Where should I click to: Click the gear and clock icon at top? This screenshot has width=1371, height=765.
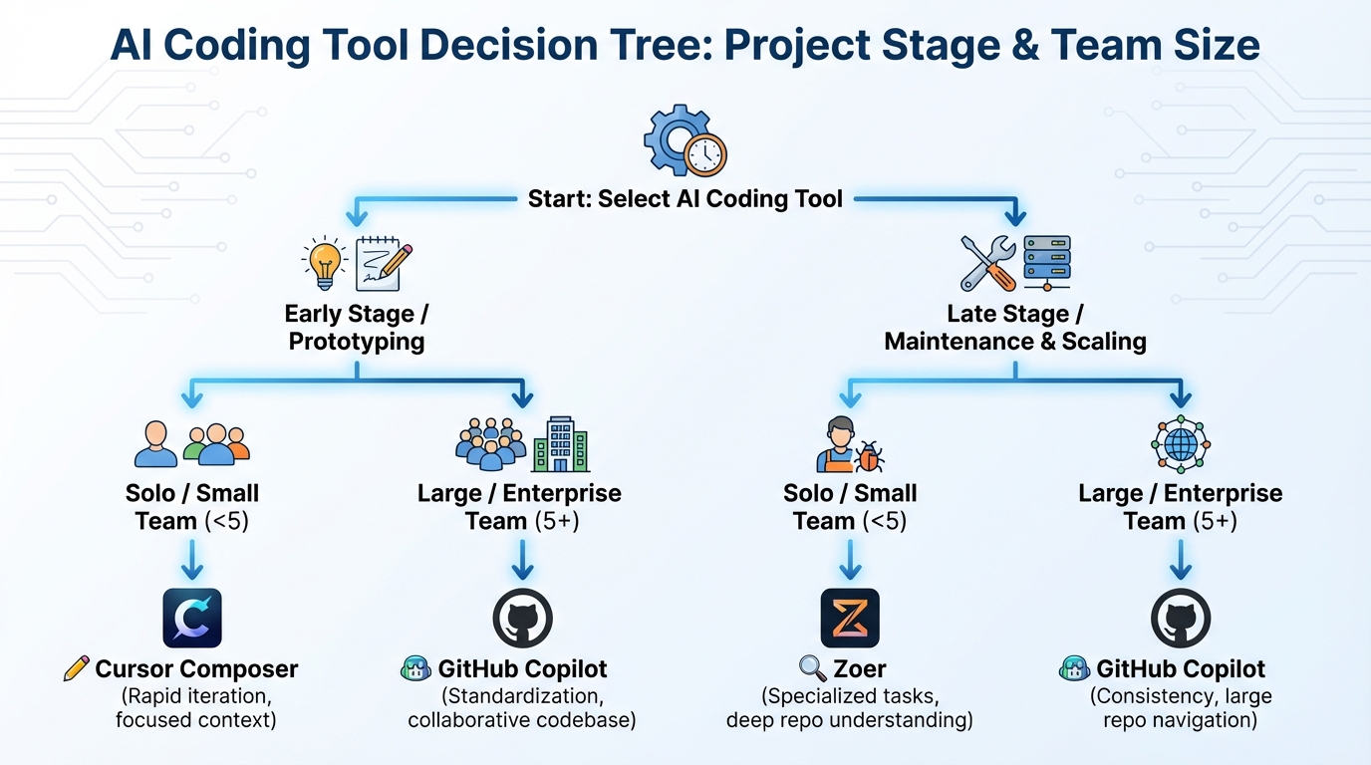pyautogui.click(x=685, y=141)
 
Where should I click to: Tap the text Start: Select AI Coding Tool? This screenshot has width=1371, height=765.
pyautogui.click(x=685, y=198)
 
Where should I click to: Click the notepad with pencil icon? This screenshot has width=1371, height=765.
pyautogui.click(x=384, y=263)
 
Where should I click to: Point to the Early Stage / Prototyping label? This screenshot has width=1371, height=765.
pyautogui.click(x=357, y=328)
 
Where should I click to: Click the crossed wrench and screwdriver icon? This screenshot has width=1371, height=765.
pyautogui.click(x=987, y=264)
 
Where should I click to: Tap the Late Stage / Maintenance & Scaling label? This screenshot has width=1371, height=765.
pyautogui.click(x=1015, y=328)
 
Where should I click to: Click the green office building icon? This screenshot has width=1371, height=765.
pyautogui.click(x=560, y=444)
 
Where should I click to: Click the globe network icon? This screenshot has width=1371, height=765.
pyautogui.click(x=1180, y=444)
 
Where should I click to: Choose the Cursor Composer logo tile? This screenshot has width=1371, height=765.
pyautogui.click(x=192, y=618)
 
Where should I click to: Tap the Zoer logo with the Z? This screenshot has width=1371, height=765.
pyautogui.click(x=850, y=618)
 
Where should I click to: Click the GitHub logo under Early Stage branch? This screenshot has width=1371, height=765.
pyautogui.click(x=522, y=618)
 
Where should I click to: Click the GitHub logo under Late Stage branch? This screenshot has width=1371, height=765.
pyautogui.click(x=1181, y=618)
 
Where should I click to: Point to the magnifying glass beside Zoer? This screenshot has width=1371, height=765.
pyautogui.click(x=813, y=668)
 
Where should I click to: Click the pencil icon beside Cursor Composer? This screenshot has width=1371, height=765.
pyautogui.click(x=76, y=668)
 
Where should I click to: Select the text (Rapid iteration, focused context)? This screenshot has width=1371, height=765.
pyautogui.click(x=193, y=706)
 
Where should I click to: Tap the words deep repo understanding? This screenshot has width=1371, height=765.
pyautogui.click(x=850, y=719)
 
